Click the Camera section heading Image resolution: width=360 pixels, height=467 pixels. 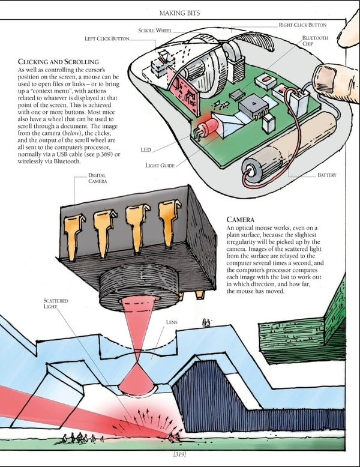pyautogui.click(x=242, y=220)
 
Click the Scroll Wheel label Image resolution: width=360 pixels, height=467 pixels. pyautogui.click(x=155, y=29)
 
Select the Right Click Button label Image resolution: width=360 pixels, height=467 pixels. pyautogui.click(x=302, y=25)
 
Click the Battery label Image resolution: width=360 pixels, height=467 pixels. pyautogui.click(x=327, y=176)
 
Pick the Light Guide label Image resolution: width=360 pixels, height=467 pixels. pyautogui.click(x=160, y=165)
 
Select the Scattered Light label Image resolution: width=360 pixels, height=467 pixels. pyautogui.click(x=55, y=303)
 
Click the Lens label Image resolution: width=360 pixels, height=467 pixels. pyautogui.click(x=171, y=322)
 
